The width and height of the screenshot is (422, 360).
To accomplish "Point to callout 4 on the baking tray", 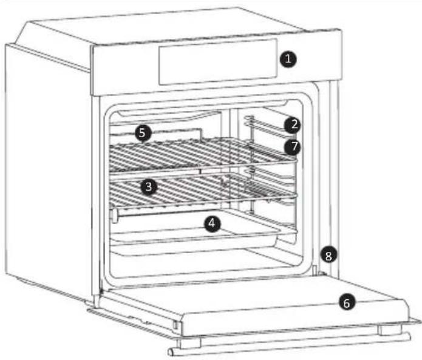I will [211, 224].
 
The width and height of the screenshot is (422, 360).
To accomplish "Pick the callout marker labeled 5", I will [143, 133].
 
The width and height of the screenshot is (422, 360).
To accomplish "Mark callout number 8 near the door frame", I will [328, 256].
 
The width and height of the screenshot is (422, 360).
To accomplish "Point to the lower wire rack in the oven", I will [200, 193].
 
